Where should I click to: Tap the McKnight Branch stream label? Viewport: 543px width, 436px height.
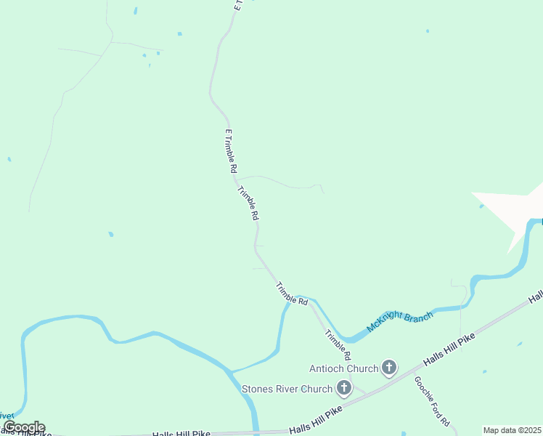point(400,321)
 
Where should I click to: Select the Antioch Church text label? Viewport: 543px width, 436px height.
point(344,368)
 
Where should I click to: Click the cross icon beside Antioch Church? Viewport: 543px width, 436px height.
point(390,368)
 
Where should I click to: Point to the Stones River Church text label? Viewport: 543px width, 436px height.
point(287,389)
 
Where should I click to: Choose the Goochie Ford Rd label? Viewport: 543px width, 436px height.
point(433,401)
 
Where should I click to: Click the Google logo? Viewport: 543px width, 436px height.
point(24,427)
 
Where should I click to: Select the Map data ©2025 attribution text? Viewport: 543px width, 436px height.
point(513,430)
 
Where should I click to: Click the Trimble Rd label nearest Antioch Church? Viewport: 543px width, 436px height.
point(338,346)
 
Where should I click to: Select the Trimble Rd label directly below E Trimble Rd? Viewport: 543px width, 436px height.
point(248,203)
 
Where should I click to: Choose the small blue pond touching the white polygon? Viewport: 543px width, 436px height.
point(481,206)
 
